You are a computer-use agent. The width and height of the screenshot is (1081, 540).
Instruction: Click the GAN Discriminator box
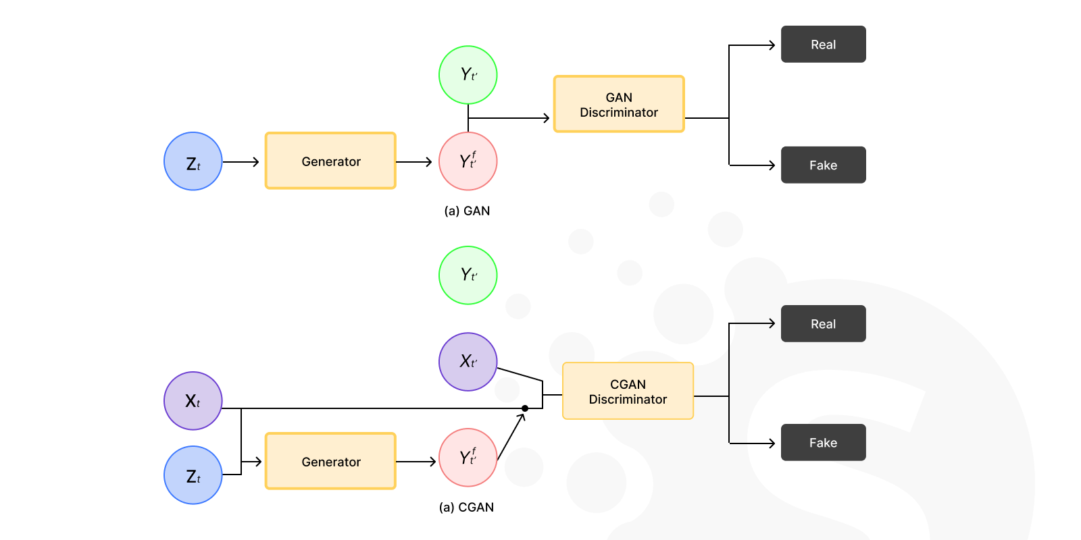(x=619, y=104)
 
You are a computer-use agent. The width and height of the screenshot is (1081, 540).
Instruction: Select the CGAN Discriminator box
(x=628, y=391)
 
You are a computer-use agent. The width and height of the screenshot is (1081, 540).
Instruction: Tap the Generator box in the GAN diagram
(x=330, y=161)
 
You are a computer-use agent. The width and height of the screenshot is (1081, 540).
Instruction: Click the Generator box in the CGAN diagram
(x=330, y=461)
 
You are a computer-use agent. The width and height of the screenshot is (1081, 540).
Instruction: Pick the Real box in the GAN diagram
(x=823, y=45)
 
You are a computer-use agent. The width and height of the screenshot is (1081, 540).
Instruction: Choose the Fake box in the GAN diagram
(x=823, y=165)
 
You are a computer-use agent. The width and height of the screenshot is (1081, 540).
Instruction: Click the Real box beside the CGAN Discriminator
(x=823, y=323)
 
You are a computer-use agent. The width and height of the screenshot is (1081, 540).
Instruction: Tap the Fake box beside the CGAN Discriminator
(x=823, y=442)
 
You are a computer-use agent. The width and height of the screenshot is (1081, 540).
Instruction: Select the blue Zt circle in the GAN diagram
(x=193, y=161)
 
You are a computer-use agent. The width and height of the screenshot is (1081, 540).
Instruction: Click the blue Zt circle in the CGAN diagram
(x=193, y=475)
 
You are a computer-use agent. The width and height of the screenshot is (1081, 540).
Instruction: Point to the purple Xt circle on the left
(x=193, y=401)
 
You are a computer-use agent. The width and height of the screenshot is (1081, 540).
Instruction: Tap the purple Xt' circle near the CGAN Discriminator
(x=468, y=362)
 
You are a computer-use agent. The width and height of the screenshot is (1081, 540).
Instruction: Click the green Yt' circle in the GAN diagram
(x=468, y=75)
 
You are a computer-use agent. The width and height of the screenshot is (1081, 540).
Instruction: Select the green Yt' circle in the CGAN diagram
(x=468, y=275)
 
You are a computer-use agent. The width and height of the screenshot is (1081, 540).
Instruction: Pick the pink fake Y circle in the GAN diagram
(x=468, y=161)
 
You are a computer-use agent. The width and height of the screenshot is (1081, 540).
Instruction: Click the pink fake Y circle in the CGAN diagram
(x=468, y=458)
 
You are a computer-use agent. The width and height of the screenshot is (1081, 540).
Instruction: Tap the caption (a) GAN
(x=467, y=211)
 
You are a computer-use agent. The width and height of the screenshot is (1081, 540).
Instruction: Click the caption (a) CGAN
(x=466, y=507)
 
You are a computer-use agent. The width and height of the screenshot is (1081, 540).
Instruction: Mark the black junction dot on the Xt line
(x=525, y=408)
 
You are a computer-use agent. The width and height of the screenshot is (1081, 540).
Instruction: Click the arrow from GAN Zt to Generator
(x=241, y=162)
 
